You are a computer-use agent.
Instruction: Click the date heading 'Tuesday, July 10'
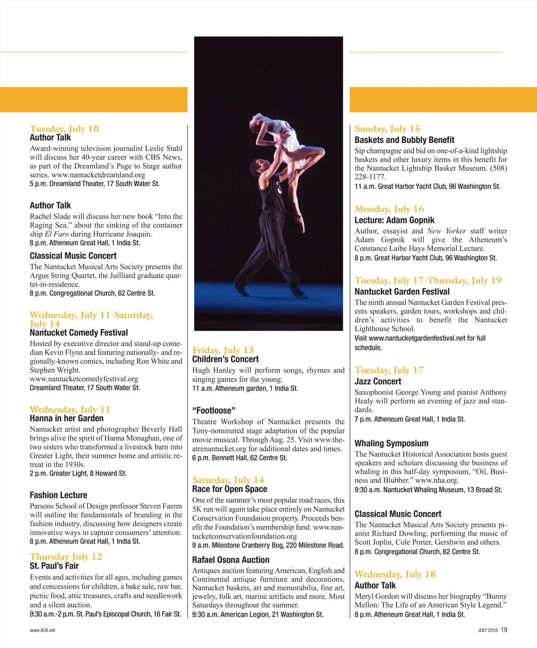(64, 129)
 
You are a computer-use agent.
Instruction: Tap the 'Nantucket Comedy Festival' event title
(79, 333)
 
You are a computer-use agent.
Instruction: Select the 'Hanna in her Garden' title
(66, 419)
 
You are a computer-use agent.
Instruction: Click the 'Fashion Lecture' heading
(58, 495)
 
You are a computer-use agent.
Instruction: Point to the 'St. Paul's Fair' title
(54, 566)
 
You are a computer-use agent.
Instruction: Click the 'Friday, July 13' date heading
(223, 350)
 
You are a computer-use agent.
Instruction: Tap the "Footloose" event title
(213, 411)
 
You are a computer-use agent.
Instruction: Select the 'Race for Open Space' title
(230, 489)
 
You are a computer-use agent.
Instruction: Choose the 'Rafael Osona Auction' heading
(230, 560)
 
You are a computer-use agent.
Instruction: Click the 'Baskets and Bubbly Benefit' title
(404, 140)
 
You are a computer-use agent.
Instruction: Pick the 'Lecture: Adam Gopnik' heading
(394, 220)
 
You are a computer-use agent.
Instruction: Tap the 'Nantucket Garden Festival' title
(402, 292)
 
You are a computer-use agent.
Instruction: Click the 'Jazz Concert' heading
(378, 382)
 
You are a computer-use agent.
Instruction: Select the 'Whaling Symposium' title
(391, 443)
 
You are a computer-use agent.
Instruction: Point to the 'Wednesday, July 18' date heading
(395, 574)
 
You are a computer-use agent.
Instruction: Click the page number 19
(504, 630)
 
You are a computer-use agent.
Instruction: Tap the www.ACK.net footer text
(43, 630)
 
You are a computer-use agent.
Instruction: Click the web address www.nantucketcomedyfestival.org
(84, 379)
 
